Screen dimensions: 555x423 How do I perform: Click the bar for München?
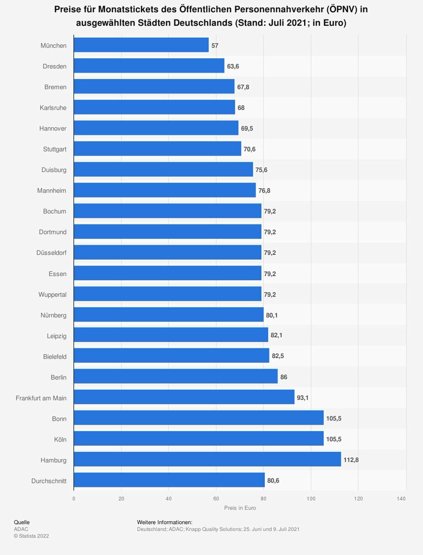[x=141, y=45]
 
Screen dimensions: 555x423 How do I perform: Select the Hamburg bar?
[x=207, y=460]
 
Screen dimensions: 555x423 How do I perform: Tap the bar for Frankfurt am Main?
[x=184, y=397]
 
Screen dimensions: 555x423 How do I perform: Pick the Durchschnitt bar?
[x=169, y=481]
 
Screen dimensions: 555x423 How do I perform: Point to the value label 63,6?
[x=233, y=66]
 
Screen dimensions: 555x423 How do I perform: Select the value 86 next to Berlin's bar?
[x=284, y=377]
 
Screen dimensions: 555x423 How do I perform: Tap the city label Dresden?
[x=55, y=66]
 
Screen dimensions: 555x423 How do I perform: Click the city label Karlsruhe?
[x=53, y=108]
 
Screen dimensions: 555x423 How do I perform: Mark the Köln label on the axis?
[x=60, y=439]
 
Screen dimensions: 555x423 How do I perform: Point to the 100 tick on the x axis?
[x=311, y=499]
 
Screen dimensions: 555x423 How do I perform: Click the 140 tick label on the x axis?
[x=401, y=499]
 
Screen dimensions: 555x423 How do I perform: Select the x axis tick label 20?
[x=121, y=499]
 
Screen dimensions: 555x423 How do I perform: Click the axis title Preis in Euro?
[x=240, y=508]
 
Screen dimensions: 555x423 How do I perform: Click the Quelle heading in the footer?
[x=22, y=522]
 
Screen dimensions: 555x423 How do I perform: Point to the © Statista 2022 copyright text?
[x=31, y=536]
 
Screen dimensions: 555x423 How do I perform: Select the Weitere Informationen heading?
[x=165, y=522]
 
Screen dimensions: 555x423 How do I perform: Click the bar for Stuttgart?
[x=157, y=149]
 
